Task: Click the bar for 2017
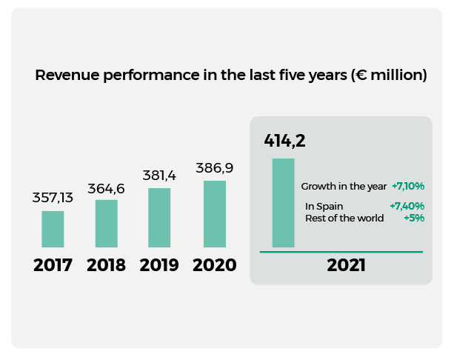coord(53,229)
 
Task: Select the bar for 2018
coord(106,223)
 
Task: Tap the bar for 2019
coord(159,217)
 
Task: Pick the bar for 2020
coord(215,213)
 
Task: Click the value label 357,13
coord(53,198)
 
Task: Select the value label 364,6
coord(107,188)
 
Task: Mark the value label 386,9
coord(215,168)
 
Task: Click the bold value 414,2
coord(285,141)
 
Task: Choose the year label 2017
coord(53,265)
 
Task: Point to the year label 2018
coord(106,265)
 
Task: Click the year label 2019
coord(159,265)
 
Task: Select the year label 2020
coord(215,265)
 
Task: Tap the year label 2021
coord(346,265)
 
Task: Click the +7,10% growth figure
coord(407,186)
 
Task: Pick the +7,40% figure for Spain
coord(407,206)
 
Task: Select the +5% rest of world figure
coord(413,218)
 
